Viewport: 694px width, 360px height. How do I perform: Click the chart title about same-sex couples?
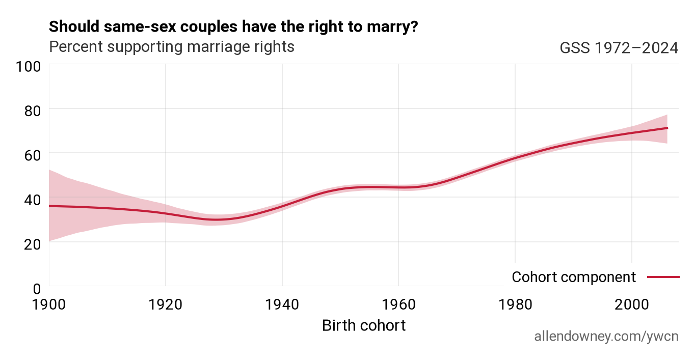(x=233, y=26)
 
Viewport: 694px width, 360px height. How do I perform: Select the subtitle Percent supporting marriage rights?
(x=172, y=47)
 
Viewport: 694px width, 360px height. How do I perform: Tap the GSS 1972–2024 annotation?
(x=619, y=48)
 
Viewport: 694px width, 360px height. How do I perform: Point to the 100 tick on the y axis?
(x=28, y=67)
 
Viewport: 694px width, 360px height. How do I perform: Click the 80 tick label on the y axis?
(x=33, y=111)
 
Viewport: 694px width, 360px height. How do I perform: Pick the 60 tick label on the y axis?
(x=33, y=155)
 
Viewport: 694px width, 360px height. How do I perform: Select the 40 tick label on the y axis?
(x=33, y=200)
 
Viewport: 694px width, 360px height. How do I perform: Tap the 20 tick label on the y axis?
(x=33, y=244)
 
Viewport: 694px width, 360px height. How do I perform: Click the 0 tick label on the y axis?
(x=37, y=289)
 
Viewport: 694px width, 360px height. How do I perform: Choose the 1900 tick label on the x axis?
(x=49, y=304)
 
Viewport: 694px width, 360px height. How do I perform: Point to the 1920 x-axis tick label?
(x=166, y=304)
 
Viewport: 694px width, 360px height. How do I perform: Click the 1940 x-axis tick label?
(x=282, y=304)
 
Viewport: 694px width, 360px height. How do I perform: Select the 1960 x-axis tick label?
(x=398, y=304)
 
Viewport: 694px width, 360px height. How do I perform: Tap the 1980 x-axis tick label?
(x=515, y=304)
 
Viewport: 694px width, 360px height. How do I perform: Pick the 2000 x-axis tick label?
(x=632, y=304)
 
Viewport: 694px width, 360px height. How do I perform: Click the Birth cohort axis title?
(x=364, y=326)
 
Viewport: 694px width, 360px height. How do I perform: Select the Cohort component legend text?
(x=574, y=277)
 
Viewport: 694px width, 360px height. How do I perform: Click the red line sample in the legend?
(x=663, y=277)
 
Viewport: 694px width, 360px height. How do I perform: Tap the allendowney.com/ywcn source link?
(x=606, y=337)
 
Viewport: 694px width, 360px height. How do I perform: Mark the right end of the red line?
(x=668, y=128)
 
